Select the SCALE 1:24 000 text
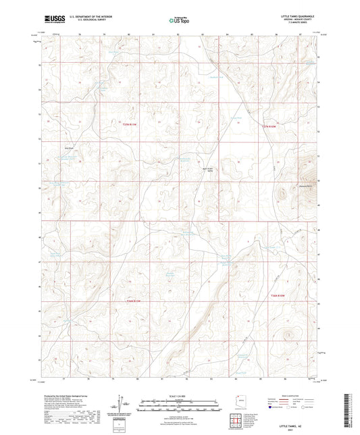click(180, 396)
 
